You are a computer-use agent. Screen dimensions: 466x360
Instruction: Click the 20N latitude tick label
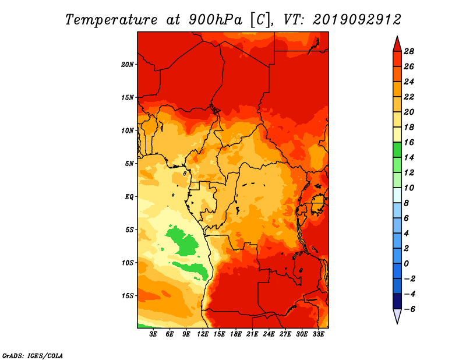tap(127, 65)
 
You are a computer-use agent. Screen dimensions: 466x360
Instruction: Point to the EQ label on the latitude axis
tap(129, 197)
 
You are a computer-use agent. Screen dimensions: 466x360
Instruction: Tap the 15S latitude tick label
tap(128, 296)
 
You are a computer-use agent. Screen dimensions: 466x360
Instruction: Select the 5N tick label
tap(129, 164)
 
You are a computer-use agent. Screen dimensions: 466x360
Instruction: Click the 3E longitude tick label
tap(153, 334)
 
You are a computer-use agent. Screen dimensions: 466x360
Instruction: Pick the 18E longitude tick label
tap(236, 334)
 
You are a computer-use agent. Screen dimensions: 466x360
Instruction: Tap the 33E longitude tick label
tap(318, 334)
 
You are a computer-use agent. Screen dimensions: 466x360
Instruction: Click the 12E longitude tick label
tap(203, 334)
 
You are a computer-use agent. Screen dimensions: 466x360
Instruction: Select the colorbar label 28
tap(409, 51)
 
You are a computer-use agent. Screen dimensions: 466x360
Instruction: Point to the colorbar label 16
tap(409, 142)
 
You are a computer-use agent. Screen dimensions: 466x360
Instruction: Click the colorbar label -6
tap(409, 309)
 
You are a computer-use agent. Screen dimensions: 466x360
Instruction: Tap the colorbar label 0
tap(406, 264)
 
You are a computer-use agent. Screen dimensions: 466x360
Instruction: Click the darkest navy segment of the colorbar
tap(397, 301)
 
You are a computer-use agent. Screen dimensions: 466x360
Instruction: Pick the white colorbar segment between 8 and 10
tap(397, 195)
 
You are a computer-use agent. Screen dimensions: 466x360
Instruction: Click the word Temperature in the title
tap(111, 20)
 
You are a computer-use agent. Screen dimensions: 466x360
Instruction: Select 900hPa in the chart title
tap(215, 20)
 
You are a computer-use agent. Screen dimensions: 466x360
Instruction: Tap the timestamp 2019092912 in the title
tap(357, 20)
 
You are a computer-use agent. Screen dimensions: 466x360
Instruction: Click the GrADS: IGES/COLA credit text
tap(33, 356)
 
